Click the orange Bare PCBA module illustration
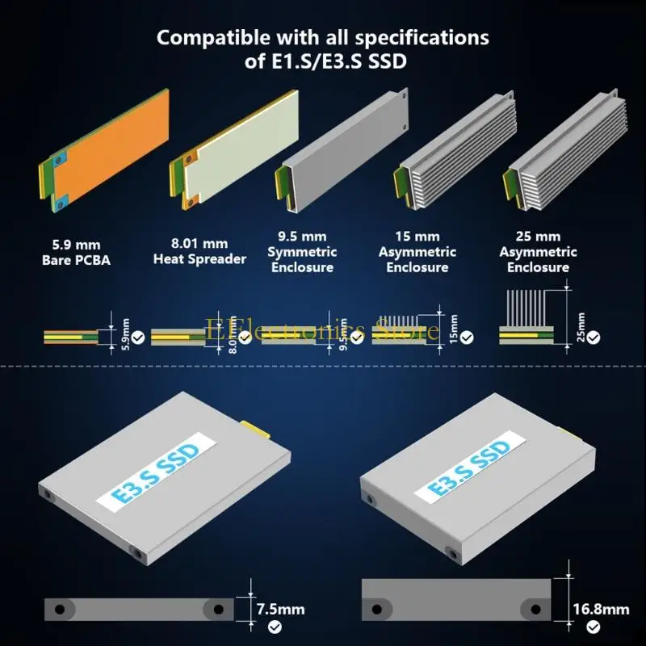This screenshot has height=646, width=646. (105, 150)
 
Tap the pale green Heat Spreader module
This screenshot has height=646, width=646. (235, 150)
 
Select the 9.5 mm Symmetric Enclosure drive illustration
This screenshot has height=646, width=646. (342, 150)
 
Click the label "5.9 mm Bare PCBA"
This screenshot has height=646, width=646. (76, 253)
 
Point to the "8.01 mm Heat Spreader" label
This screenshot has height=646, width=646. (199, 251)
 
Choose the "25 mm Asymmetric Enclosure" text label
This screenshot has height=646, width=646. (538, 252)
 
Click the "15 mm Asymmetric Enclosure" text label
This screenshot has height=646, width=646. (417, 252)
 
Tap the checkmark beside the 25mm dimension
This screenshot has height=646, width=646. (594, 338)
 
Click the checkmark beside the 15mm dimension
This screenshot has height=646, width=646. (467, 338)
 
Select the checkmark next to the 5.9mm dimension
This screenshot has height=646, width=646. (138, 338)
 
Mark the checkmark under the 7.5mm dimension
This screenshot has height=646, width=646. (275, 627)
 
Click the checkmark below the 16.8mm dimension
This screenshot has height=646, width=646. (594, 627)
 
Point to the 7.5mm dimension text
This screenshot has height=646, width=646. (280, 609)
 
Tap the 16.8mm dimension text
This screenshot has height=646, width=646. (601, 609)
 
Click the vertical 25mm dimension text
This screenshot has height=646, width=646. (581, 327)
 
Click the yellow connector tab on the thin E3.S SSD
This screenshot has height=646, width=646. (256, 429)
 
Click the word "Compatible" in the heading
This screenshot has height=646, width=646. (213, 38)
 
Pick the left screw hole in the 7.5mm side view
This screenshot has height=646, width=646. (60, 610)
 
